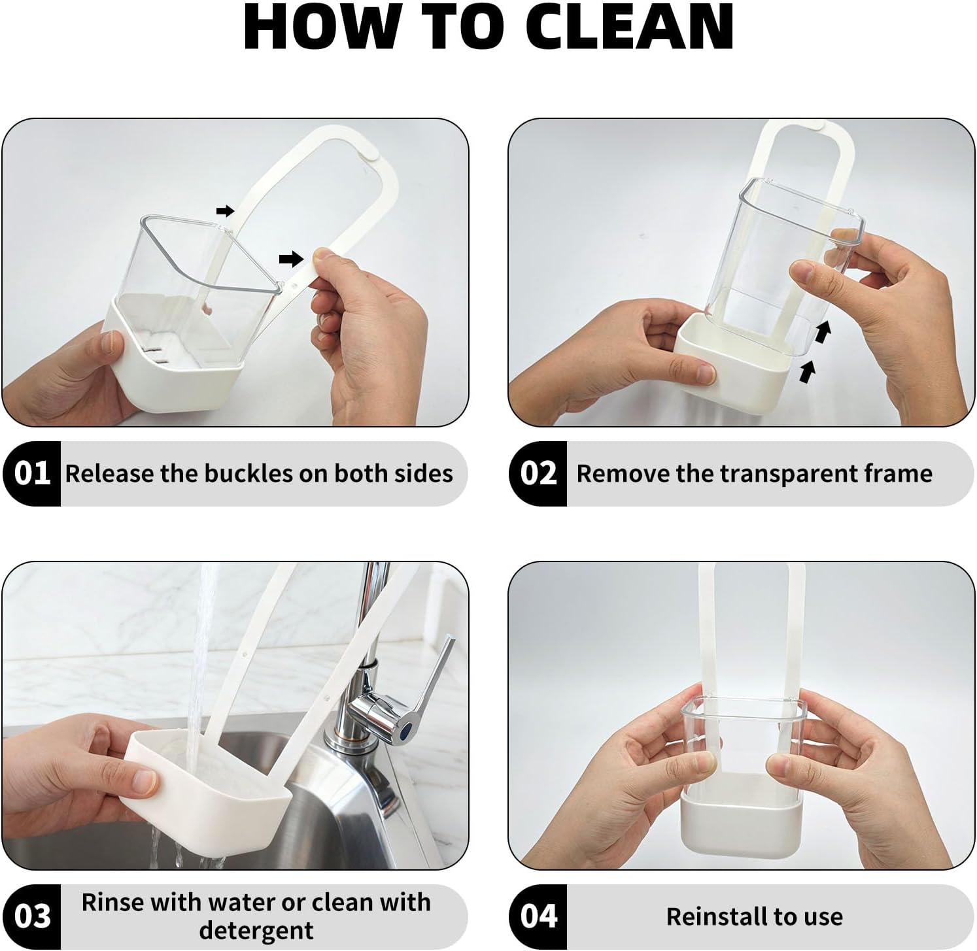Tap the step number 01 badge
pyautogui.click(x=31, y=473)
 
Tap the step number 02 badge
pyautogui.click(x=538, y=473)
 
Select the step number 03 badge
pyautogui.click(x=31, y=916)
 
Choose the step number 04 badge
pyautogui.click(x=538, y=916)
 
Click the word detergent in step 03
pyautogui.click(x=256, y=930)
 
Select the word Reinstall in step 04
pyautogui.click(x=716, y=916)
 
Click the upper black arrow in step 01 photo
pyautogui.click(x=225, y=210)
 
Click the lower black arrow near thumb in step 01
pyautogui.click(x=291, y=259)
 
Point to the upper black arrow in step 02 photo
pyautogui.click(x=822, y=332)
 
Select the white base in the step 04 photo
pyautogui.click(x=741, y=824)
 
